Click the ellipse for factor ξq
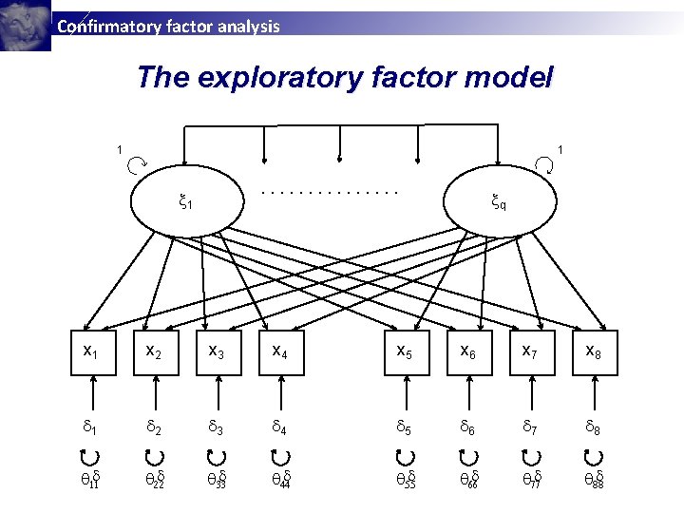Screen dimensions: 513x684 click(499, 201)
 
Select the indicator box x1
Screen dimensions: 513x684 click(91, 352)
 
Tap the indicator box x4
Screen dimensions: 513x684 click(280, 352)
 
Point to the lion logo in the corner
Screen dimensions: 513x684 click(25, 25)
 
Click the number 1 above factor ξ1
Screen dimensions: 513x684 click(119, 148)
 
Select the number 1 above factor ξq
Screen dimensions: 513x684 click(560, 148)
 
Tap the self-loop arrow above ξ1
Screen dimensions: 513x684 click(135, 164)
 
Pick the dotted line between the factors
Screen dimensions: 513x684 click(329, 192)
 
